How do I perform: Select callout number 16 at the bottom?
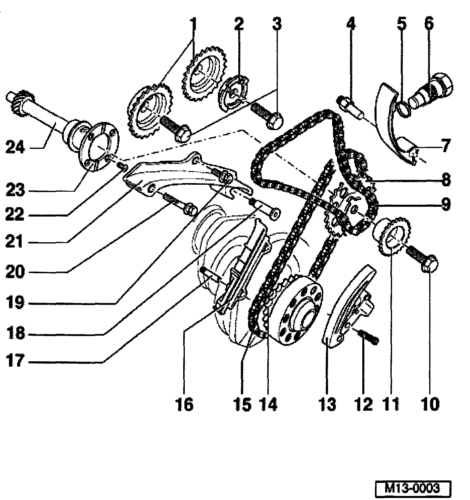185,405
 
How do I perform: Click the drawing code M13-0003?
413,488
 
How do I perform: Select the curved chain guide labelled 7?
392,122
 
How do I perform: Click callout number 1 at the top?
193,24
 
